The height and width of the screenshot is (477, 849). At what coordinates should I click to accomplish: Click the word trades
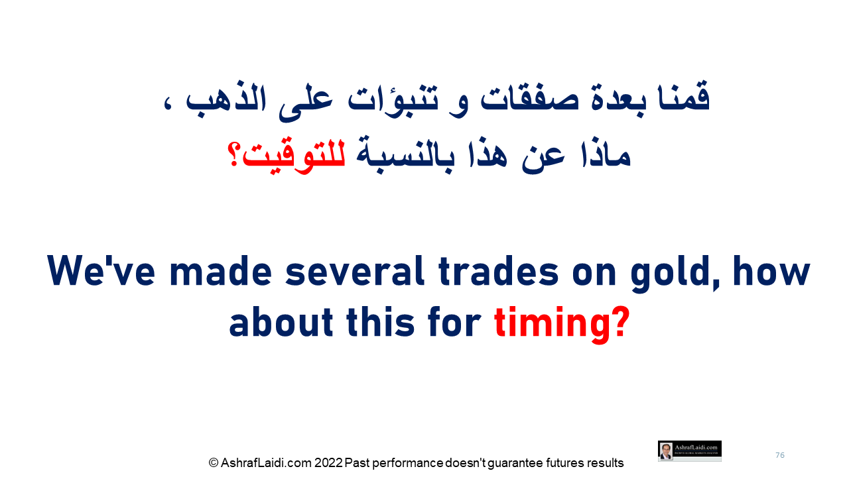coord(498,271)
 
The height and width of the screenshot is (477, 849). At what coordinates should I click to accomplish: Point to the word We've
coord(101,271)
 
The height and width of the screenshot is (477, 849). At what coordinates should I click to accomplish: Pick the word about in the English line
coord(281,322)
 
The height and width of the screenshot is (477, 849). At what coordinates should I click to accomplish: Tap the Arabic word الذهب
coord(226,100)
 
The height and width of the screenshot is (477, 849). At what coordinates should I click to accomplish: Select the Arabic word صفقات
coord(529,100)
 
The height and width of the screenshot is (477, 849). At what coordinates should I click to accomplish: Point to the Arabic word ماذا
coord(605,154)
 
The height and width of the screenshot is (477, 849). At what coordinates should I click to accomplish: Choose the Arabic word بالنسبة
coord(405,155)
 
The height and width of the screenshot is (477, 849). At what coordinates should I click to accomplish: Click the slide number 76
coord(779,455)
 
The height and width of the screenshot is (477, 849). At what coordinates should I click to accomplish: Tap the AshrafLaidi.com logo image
coord(689,451)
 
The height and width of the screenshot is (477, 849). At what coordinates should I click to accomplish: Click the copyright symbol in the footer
coord(214,462)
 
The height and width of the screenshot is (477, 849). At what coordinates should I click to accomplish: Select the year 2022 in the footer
coord(328,462)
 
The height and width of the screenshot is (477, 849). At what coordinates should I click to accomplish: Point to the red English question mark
coord(621,322)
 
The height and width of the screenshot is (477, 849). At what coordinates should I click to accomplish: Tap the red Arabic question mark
coord(233,154)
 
